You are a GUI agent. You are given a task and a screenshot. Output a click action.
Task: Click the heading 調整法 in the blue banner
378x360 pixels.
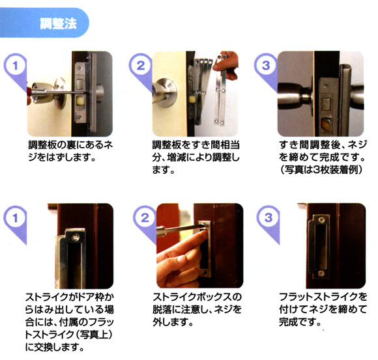[59, 23]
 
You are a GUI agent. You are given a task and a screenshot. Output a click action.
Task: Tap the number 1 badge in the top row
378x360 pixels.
[15, 65]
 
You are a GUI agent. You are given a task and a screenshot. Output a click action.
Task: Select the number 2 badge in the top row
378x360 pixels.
[141, 65]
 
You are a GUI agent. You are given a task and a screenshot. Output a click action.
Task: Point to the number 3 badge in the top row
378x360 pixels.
[266, 65]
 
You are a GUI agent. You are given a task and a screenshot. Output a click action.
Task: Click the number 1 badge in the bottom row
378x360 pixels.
[15, 218]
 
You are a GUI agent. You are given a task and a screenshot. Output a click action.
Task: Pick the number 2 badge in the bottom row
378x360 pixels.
[145, 218]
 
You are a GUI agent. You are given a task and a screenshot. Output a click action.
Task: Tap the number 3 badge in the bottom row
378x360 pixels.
[268, 218]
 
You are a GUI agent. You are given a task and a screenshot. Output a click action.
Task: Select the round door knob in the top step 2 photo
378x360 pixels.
[166, 92]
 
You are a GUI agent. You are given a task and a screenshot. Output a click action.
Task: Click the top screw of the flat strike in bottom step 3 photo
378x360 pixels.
[321, 220]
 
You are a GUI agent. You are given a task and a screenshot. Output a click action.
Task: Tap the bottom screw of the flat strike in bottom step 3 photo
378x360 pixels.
[321, 273]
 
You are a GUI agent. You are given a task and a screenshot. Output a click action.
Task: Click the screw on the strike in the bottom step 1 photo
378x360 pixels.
[76, 238]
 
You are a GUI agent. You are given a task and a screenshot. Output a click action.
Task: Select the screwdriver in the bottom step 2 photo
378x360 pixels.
[181, 229]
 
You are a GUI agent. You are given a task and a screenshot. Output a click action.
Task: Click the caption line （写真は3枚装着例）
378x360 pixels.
[321, 170]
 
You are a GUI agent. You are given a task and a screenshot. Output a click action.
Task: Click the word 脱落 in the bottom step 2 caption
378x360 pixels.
[162, 310]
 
